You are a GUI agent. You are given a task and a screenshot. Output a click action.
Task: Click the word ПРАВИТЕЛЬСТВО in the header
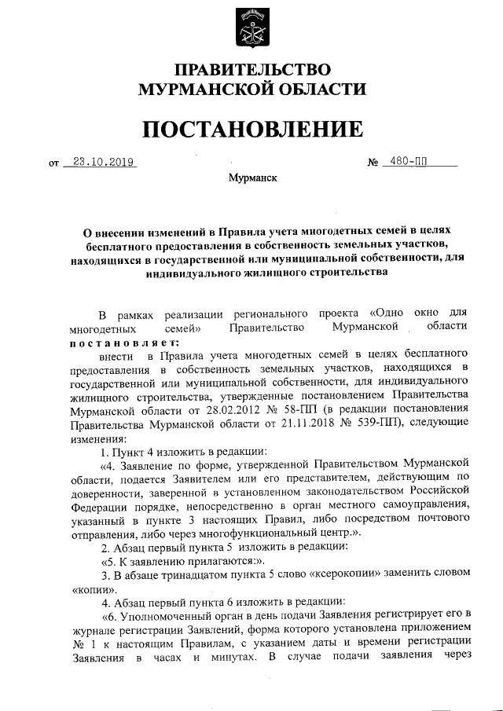[251, 70]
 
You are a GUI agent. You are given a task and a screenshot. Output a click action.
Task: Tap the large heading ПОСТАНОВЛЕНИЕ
[251, 128]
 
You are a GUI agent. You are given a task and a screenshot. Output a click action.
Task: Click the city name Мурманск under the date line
[251, 178]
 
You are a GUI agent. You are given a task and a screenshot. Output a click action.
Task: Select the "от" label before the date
[53, 165]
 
